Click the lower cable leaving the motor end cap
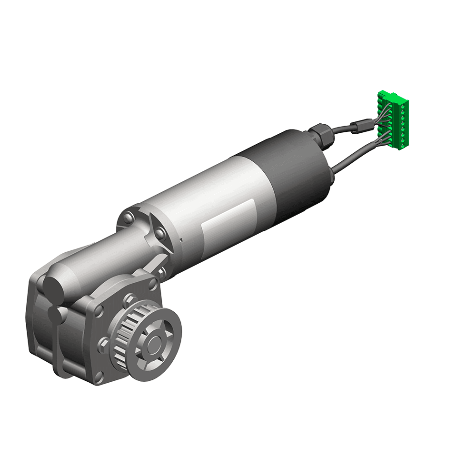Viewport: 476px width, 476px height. [352, 155]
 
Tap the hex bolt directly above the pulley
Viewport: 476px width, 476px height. [129, 301]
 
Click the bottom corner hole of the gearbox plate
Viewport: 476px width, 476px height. [99, 377]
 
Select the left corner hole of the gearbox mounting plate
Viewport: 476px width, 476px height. [99, 312]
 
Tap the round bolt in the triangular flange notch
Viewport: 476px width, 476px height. [160, 233]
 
